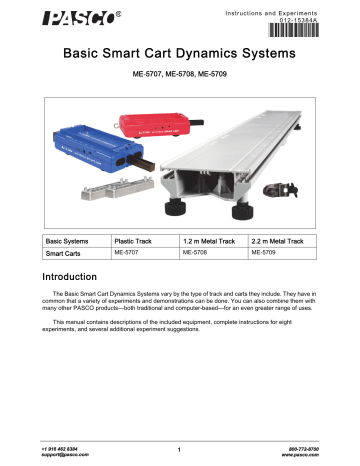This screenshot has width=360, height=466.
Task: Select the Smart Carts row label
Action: click(x=61, y=255)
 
